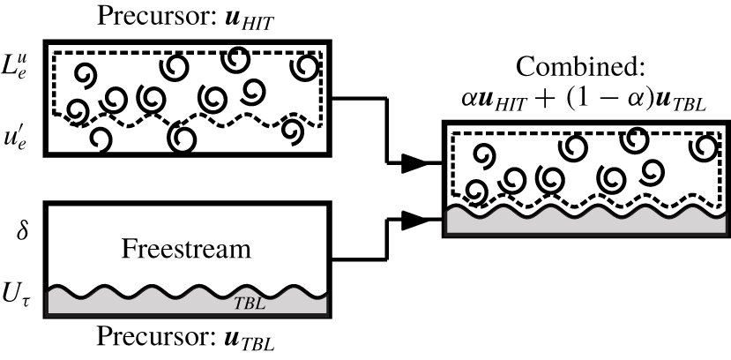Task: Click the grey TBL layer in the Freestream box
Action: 132,303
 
